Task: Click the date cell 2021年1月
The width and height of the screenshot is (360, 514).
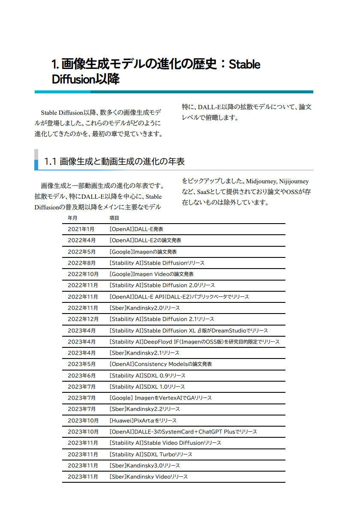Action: click(81, 229)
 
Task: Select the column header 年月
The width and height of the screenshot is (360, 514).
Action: click(72, 218)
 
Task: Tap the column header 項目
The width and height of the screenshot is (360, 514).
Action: click(114, 218)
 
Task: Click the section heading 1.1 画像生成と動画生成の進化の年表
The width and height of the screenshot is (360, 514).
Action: click(114, 161)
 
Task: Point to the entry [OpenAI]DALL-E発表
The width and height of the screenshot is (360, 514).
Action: click(136, 229)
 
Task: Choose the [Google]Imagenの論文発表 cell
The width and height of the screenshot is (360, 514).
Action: click(143, 252)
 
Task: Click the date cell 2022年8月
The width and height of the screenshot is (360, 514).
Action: click(81, 263)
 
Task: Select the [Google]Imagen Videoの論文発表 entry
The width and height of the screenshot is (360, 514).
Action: click(152, 274)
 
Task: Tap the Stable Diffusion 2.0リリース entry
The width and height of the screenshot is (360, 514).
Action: click(162, 285)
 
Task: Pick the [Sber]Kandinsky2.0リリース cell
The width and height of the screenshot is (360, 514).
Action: click(145, 308)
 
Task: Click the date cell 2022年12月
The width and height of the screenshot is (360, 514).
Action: click(83, 319)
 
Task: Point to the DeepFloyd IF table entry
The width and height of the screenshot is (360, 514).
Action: click(195, 342)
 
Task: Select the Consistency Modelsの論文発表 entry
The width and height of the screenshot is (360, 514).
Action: click(161, 364)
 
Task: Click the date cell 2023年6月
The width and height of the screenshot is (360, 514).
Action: click(81, 376)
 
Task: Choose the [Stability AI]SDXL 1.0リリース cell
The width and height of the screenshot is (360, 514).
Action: click(147, 387)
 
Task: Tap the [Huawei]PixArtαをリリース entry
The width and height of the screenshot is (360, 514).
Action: click(143, 421)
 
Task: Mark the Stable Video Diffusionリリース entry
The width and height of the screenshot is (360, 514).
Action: click(165, 443)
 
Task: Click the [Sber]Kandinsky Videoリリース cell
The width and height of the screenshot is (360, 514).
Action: click(149, 477)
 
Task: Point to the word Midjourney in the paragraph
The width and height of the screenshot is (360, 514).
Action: click(261, 182)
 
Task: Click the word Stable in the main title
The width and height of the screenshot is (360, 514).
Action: click(245, 65)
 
